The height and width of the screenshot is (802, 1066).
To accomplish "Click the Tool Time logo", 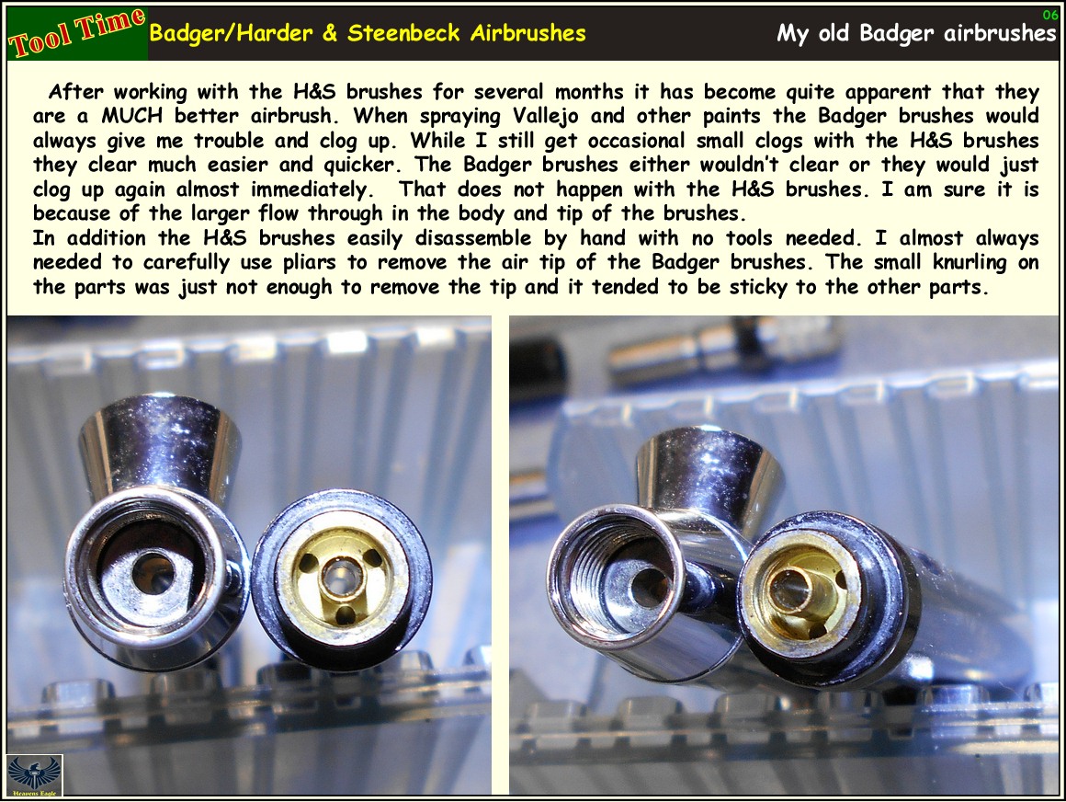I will click(x=75, y=33).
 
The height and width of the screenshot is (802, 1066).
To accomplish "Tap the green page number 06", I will click(x=1050, y=14).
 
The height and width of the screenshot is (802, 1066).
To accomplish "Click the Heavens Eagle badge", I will click(x=34, y=775).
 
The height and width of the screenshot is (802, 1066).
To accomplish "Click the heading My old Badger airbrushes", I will click(x=916, y=33).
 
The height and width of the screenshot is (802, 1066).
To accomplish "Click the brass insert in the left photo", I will click(x=341, y=578).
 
